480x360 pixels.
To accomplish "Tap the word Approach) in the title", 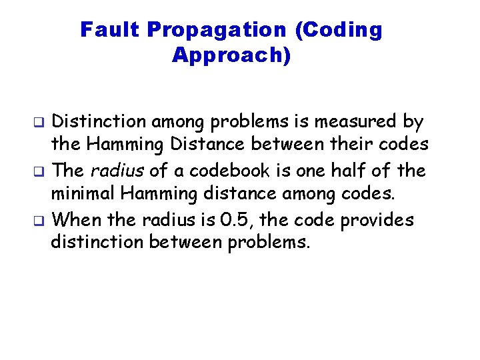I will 231,55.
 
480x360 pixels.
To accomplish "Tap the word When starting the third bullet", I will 74,219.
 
